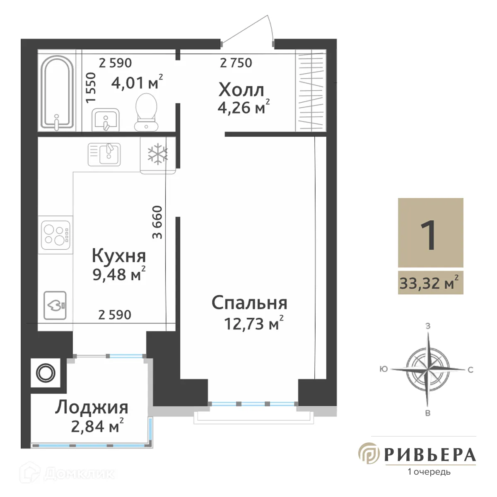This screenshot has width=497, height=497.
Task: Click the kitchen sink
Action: (x=104, y=154)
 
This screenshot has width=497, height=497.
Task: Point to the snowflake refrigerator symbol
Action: (x=158, y=154)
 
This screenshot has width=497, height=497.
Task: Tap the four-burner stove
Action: (x=56, y=235)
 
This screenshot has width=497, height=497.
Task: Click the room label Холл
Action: (x=241, y=90)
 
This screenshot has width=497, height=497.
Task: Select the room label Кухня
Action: (x=118, y=256)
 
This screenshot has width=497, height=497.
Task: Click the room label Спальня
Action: (x=249, y=303)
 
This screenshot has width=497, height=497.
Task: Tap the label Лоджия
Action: (x=92, y=408)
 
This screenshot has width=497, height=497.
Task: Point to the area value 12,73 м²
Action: (x=253, y=323)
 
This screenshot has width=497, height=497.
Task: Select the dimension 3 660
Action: (x=158, y=222)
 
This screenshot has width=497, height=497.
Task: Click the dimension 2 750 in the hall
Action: (x=236, y=63)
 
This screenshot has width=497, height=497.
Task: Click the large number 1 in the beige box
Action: (x=429, y=234)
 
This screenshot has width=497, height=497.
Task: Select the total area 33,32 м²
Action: (x=429, y=284)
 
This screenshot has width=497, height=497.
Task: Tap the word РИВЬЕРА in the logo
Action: (x=430, y=454)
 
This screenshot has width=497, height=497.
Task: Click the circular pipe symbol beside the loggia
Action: (x=46, y=373)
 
